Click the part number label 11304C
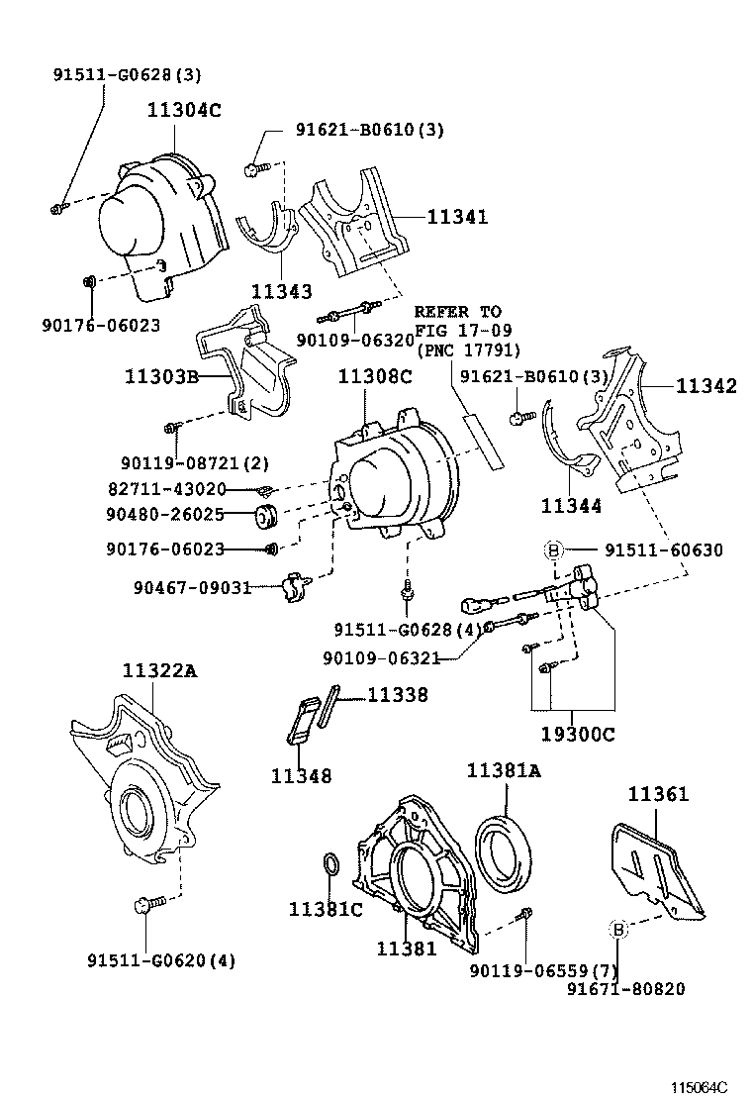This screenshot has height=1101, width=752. pos(185,111)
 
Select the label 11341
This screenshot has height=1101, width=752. pos(457,217)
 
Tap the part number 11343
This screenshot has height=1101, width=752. pos(281,292)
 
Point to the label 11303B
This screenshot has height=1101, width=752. pos(162,376)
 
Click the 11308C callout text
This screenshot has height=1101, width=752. pos(375,376)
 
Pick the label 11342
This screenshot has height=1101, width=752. pos(706,387)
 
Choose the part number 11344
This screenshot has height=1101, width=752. pos(571,506)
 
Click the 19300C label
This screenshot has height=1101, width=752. pos(578,735)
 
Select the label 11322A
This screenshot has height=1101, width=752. pos(159,671)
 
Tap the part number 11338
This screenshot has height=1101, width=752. pos(398,695)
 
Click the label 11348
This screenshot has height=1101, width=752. pos(301,776)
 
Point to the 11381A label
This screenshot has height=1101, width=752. pos(505,771)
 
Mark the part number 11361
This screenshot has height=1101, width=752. pos(659,794)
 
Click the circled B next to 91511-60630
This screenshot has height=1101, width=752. pos(554,550)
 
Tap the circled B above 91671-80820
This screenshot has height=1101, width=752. pos(617,929)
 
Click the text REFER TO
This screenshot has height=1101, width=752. pos(458,312)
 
